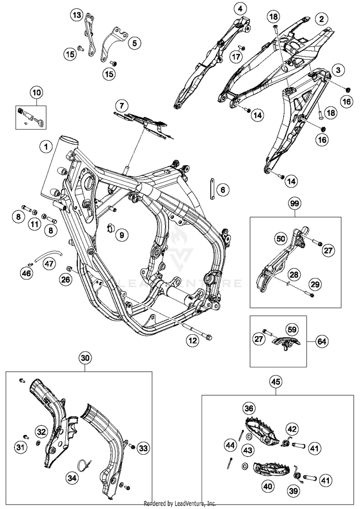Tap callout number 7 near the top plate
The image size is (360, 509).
click(121, 105)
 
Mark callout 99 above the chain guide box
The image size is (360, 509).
click(295, 204)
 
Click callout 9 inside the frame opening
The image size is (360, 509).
click(121, 235)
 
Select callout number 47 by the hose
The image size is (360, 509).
click(49, 263)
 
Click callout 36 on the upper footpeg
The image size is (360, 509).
click(248, 409)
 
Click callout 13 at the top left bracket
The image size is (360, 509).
click(77, 15)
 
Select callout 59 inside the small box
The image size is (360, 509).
click(291, 329)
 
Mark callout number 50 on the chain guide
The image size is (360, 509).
click(280, 238)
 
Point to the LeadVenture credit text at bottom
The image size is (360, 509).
click(180, 504)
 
